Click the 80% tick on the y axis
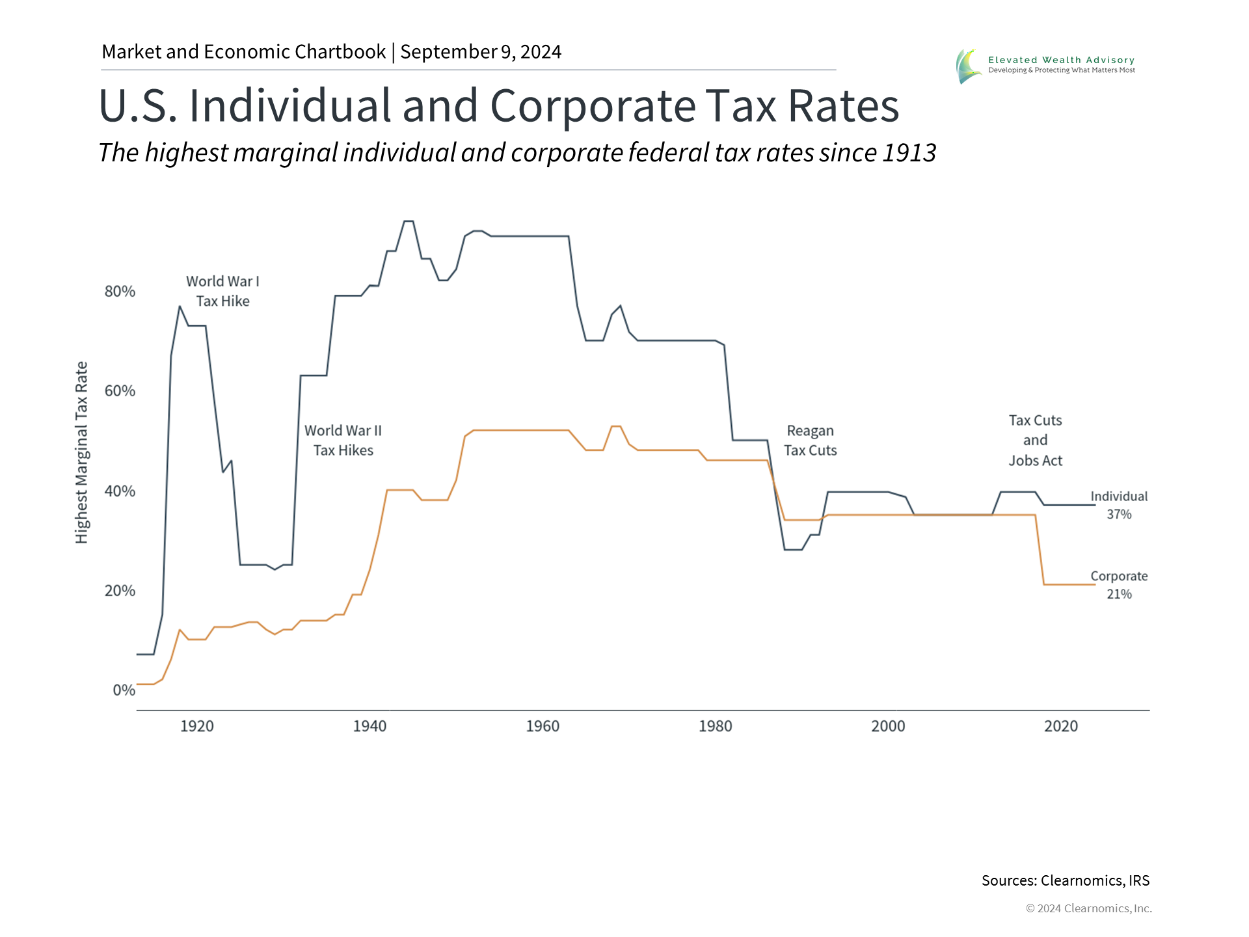pyautogui.click(x=120, y=292)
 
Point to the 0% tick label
pyautogui.click(x=124, y=690)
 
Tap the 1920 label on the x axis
pyautogui.click(x=196, y=726)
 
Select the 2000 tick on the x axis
pyautogui.click(x=888, y=726)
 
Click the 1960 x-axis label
pyautogui.click(x=543, y=726)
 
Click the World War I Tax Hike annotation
pyautogui.click(x=222, y=291)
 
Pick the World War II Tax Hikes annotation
pyautogui.click(x=343, y=441)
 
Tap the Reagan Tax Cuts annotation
pyautogui.click(x=810, y=441)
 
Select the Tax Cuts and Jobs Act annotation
pyautogui.click(x=1035, y=441)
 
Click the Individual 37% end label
pyautogui.click(x=1119, y=505)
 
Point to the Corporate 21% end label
pyautogui.click(x=1119, y=585)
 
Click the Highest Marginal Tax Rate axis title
pyautogui.click(x=81, y=452)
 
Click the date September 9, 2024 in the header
pyautogui.click(x=481, y=52)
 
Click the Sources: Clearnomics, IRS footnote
pyautogui.click(x=1065, y=880)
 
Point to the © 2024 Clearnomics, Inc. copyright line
pyautogui.click(x=1088, y=908)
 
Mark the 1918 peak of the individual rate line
pyautogui.click(x=180, y=306)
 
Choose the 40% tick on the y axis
pyautogui.click(x=120, y=491)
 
